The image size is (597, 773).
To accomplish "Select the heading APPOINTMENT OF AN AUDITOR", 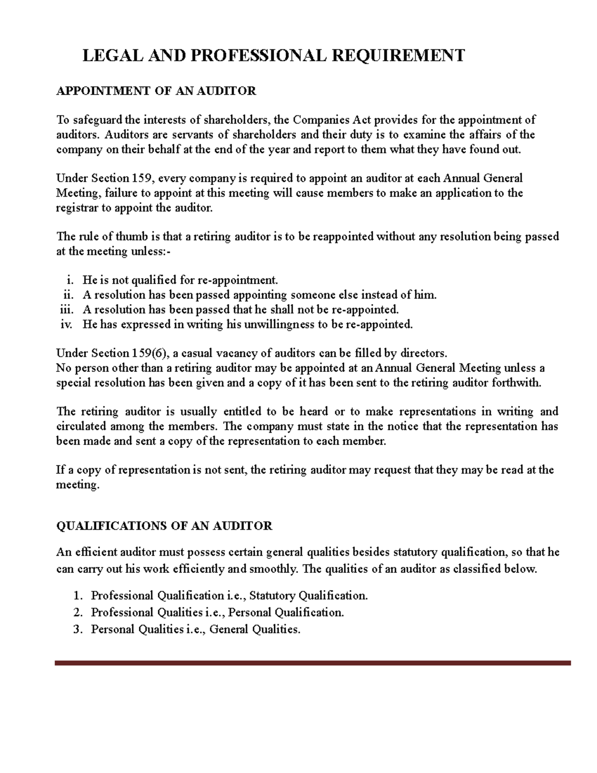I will coord(156,91).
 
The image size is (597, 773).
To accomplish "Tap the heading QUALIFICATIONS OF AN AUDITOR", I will coord(164,526).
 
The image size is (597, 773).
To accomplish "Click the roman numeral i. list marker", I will coord(70,280).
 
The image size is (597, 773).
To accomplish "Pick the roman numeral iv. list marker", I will coord(67,325).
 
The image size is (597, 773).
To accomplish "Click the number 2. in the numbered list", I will coord(77,612).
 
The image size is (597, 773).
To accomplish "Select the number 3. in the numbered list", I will coord(77,629).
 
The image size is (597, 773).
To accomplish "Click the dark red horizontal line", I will coord(312,663).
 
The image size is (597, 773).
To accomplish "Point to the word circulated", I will coord(81,427).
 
